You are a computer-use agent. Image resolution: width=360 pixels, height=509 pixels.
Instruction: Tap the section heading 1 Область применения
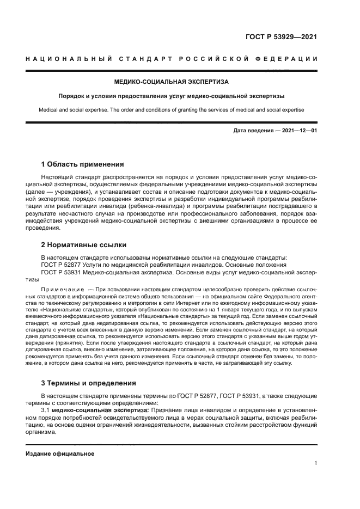click(x=83, y=164)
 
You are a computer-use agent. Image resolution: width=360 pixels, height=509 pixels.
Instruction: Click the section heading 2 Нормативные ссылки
click(x=84, y=246)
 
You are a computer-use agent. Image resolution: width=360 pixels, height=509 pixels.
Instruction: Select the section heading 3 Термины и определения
click(x=89, y=383)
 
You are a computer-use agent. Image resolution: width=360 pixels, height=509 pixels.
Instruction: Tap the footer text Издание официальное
click(x=60, y=453)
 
